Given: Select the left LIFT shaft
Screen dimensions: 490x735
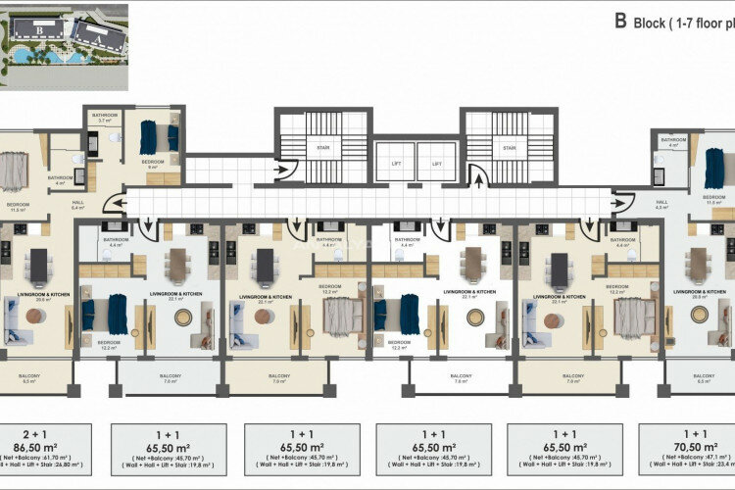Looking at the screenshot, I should pos(396,163).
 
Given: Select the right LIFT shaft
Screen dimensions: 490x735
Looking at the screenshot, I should pos(438,163).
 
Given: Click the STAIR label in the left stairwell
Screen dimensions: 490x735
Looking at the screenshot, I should pos(322,149).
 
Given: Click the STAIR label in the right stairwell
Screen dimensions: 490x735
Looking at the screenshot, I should pos(509,149).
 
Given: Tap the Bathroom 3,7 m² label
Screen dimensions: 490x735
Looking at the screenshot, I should pos(105,118).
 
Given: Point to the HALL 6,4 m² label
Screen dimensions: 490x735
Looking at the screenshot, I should pos(79,205).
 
